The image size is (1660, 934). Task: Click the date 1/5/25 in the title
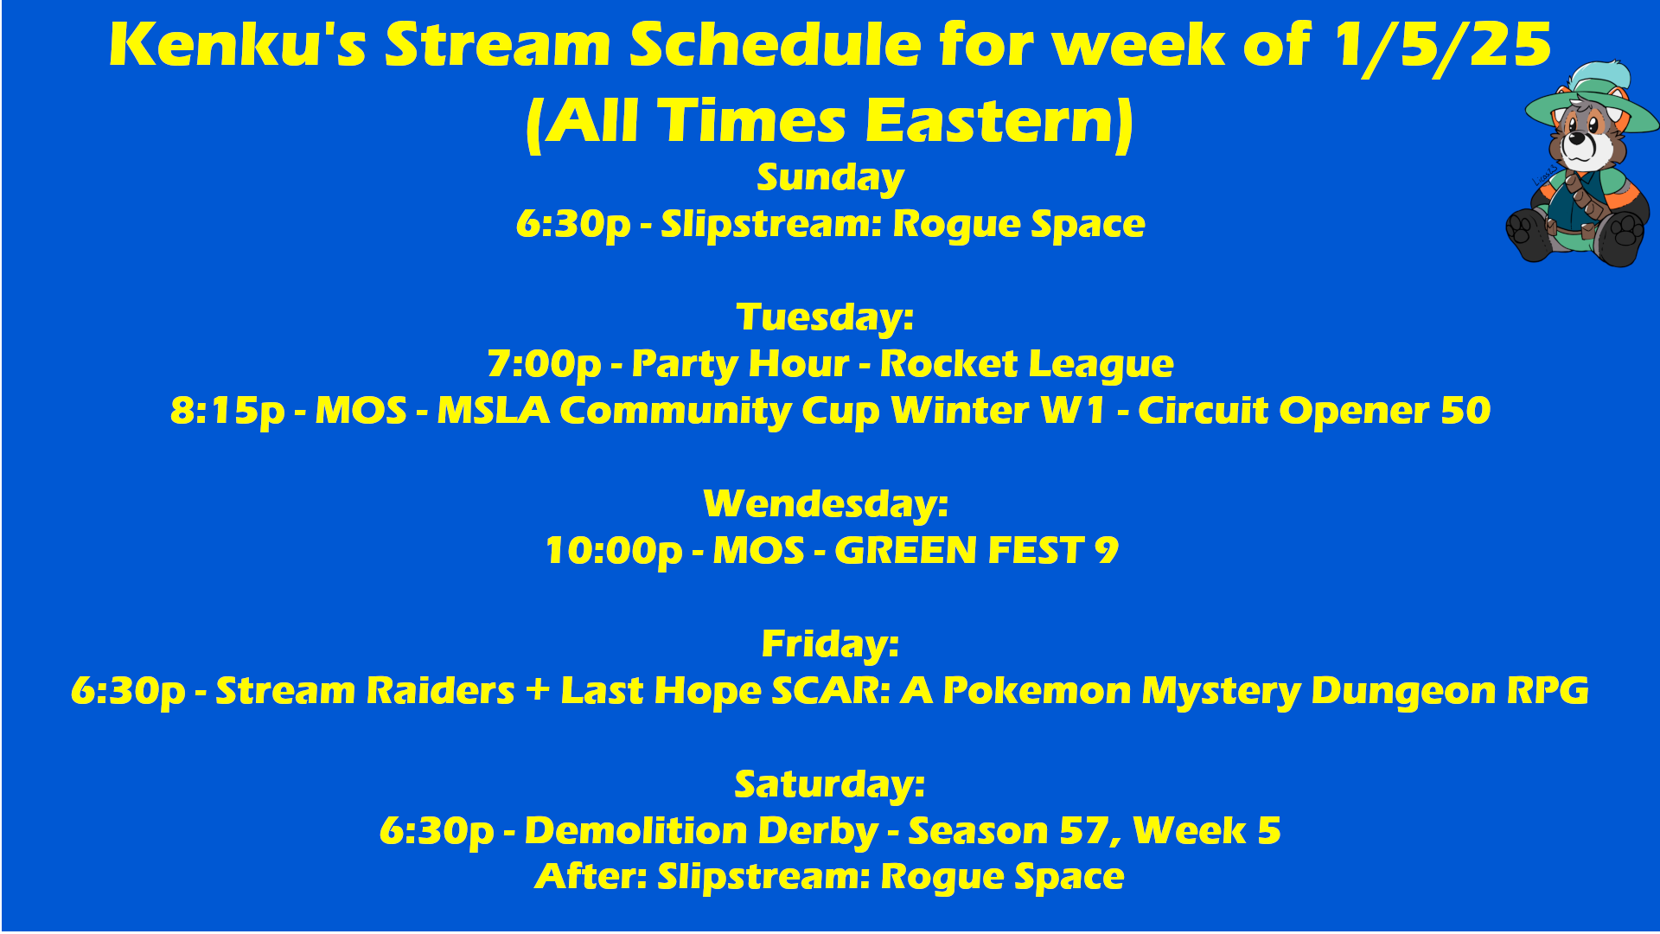coord(1442,46)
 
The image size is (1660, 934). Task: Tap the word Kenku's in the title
coord(238,45)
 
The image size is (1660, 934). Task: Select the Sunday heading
coord(830,178)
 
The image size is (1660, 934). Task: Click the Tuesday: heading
coord(826,317)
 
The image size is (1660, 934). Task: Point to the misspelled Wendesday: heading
coord(827,504)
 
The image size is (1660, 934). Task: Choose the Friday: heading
coord(830,644)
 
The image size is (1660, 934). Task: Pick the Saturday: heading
coord(830,784)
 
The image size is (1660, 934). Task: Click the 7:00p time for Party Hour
coord(544,365)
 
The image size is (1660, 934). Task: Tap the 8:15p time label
coord(227,412)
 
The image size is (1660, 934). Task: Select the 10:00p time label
coord(614,552)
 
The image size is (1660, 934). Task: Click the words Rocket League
coord(1026,365)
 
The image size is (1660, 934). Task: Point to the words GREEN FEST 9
coord(977,551)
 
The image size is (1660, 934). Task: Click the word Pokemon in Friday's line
coord(1037,691)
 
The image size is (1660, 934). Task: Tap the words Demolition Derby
coord(701,832)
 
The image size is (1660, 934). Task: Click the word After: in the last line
coord(591,877)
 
